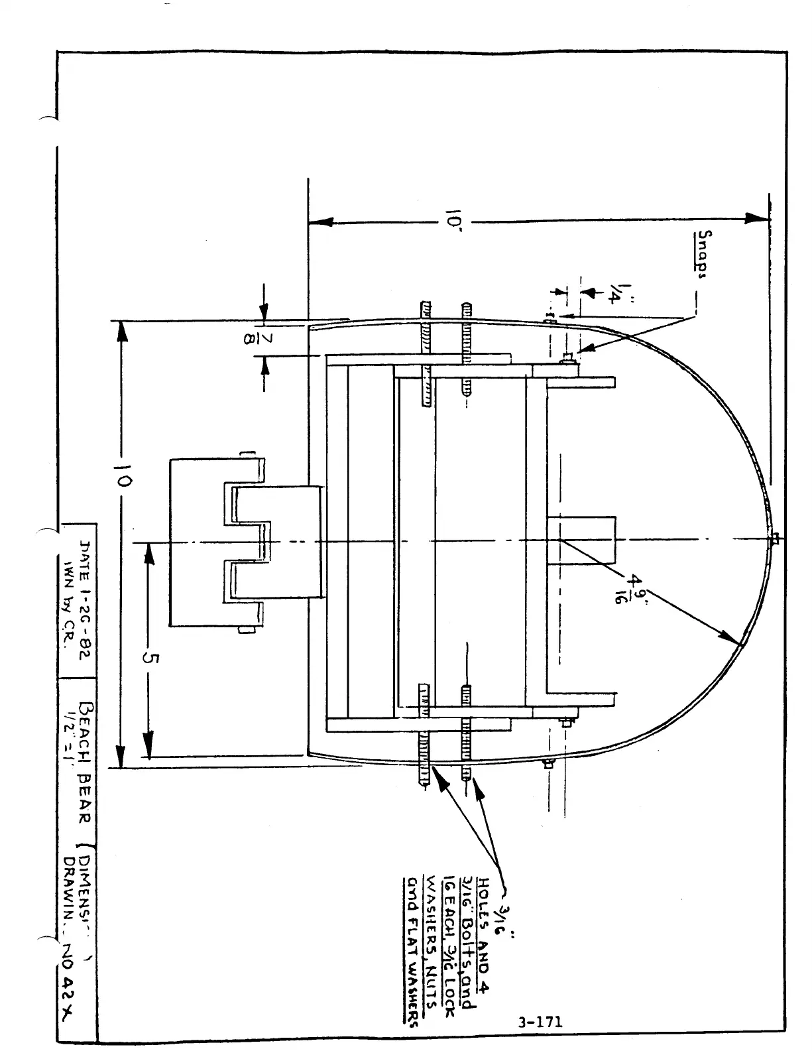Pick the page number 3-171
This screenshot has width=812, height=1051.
pyautogui.click(x=541, y=1022)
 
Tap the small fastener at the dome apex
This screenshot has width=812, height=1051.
pyautogui.click(x=773, y=537)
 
